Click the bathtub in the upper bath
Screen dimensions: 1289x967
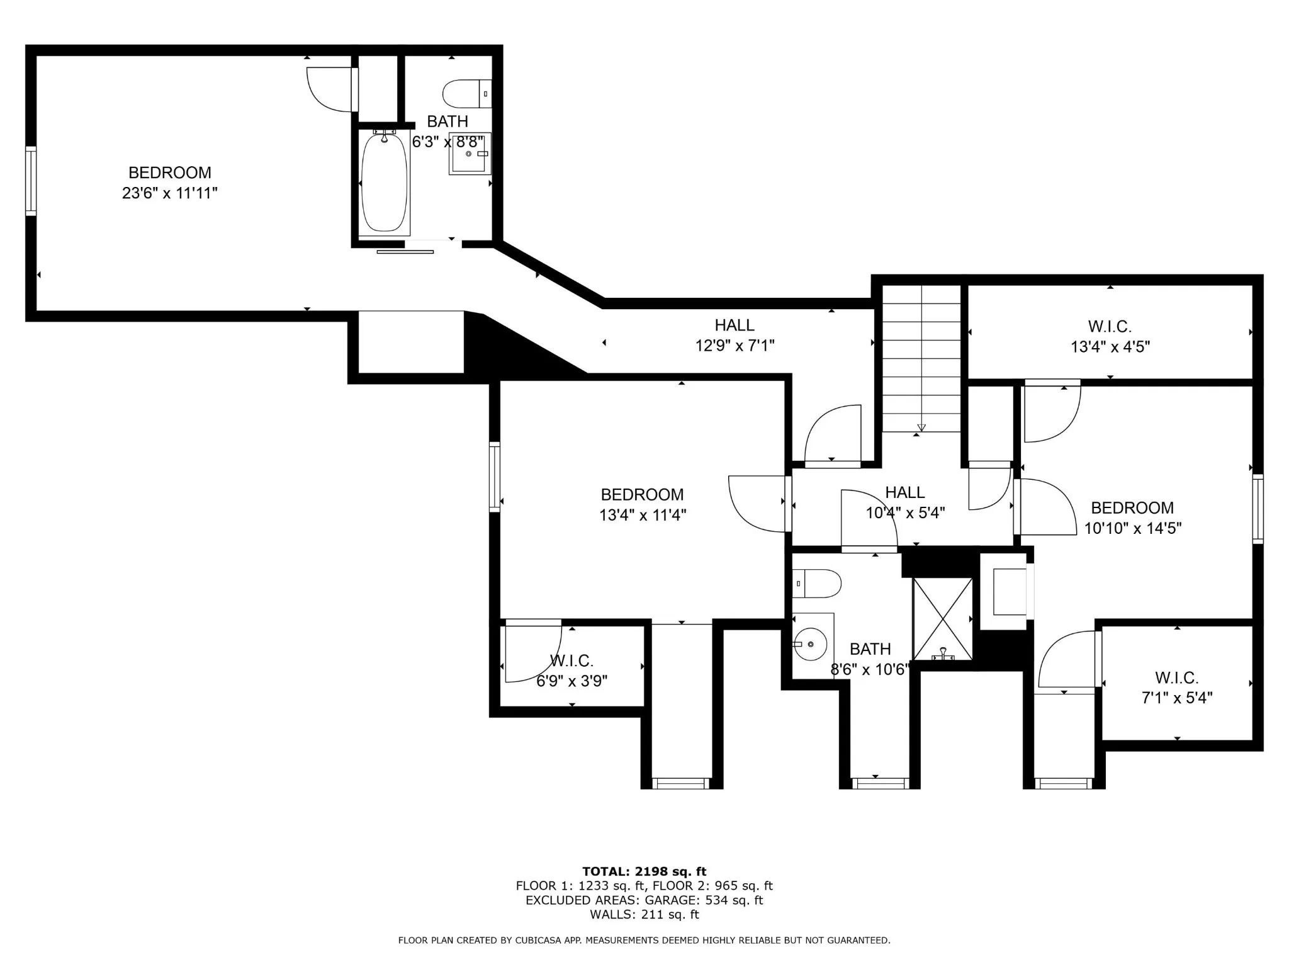[384, 183]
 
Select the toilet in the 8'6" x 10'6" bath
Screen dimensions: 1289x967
[816, 584]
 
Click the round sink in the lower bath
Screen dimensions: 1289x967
[811, 644]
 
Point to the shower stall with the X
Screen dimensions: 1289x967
[942, 619]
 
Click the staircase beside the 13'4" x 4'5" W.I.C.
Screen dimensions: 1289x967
[921, 358]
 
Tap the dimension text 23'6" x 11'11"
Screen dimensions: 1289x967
[170, 193]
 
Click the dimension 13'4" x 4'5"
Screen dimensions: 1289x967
[1110, 346]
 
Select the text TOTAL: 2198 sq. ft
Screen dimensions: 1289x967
[644, 871]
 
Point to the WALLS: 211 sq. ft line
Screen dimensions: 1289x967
[644, 915]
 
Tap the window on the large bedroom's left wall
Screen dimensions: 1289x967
[30, 181]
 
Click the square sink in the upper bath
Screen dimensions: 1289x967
[470, 153]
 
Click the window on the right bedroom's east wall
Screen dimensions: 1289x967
[1258, 509]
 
